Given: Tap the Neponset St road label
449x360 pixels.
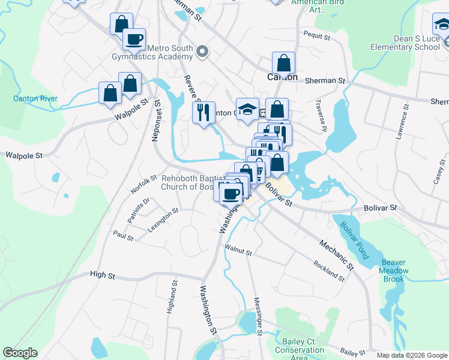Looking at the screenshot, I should (x=157, y=121).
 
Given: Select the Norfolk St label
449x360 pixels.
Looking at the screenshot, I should (x=143, y=185).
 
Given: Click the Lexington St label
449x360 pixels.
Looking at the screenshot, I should (x=163, y=220).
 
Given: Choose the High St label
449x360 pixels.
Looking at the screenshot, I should (x=102, y=275).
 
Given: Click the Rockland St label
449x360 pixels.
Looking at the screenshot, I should (x=329, y=271).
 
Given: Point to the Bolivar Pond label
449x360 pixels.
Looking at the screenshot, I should (x=355, y=241).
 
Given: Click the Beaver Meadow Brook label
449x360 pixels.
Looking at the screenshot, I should (x=394, y=271).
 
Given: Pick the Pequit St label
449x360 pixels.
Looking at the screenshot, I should (x=318, y=35).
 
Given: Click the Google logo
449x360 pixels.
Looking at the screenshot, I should (x=20, y=353).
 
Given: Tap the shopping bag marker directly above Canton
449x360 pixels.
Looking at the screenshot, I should (x=283, y=62).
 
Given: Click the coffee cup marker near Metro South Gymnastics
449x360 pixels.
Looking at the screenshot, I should (x=134, y=39).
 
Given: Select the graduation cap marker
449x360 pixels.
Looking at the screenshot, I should (x=247, y=109).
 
